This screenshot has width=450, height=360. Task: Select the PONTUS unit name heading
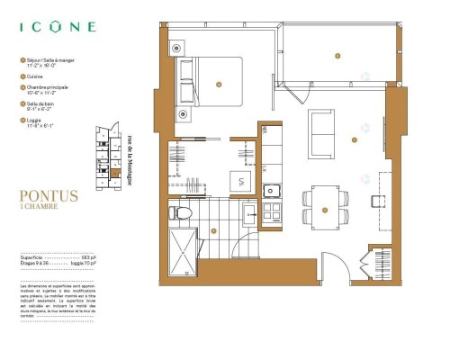[48, 194]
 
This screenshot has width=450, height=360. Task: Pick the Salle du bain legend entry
[41, 106]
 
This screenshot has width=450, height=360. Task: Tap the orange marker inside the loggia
[337, 56]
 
